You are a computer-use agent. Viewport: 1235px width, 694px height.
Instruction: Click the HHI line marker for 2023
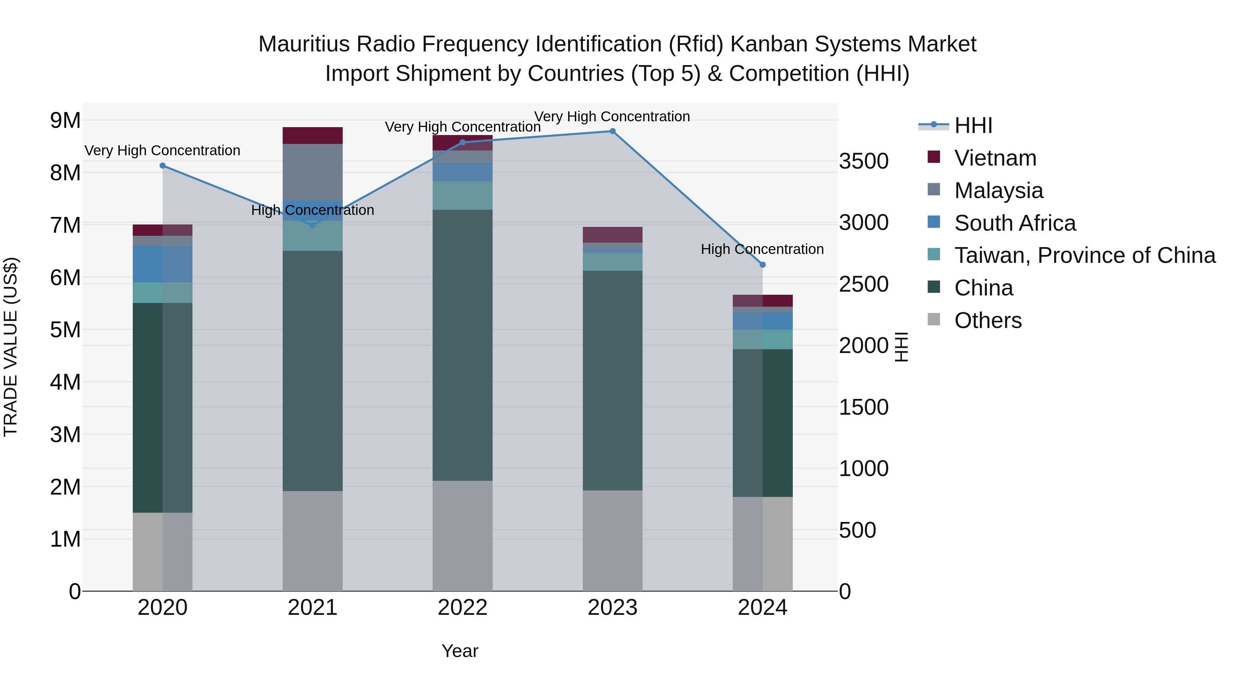(x=612, y=131)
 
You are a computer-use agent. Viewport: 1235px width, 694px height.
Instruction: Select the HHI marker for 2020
(x=163, y=166)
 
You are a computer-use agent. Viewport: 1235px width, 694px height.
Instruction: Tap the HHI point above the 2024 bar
(x=762, y=265)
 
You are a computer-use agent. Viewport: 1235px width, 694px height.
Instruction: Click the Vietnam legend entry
(x=995, y=158)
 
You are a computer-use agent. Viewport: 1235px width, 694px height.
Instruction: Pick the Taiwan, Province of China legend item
(x=1084, y=255)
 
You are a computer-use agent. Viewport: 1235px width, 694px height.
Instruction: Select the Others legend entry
(x=988, y=320)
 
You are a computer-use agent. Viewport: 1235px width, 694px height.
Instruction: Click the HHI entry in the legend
(x=973, y=125)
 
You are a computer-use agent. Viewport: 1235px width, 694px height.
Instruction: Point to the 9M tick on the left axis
(x=65, y=120)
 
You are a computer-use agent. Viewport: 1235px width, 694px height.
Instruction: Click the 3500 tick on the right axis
(x=863, y=161)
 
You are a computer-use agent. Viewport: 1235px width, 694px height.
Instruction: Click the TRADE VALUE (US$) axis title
(x=11, y=347)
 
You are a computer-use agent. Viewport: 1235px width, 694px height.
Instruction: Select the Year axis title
(x=459, y=651)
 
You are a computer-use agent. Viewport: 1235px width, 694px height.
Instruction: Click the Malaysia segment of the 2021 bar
(x=312, y=172)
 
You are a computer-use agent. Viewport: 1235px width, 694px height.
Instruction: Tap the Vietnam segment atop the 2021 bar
(x=312, y=135)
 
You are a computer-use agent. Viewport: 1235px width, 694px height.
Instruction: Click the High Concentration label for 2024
(x=762, y=249)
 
